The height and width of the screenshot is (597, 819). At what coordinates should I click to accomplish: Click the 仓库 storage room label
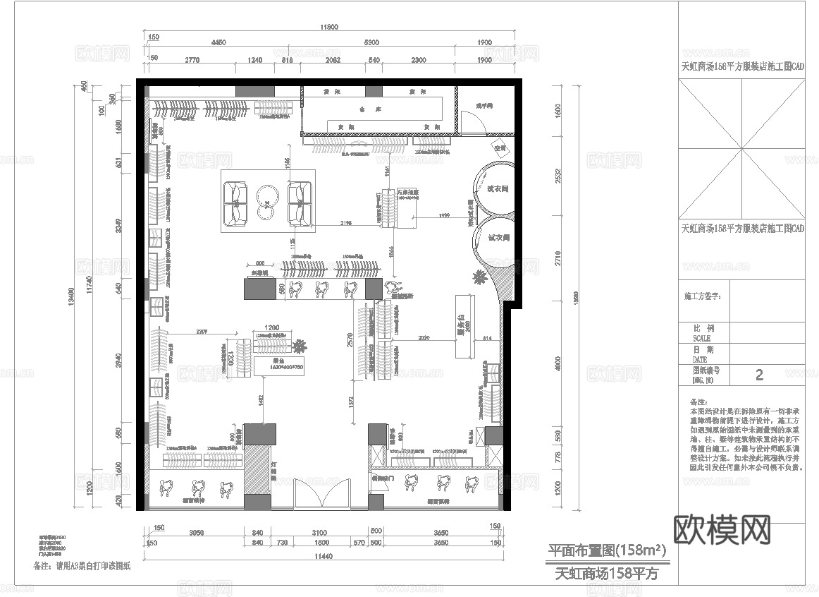364,109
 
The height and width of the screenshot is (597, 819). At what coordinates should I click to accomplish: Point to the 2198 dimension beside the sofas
345,223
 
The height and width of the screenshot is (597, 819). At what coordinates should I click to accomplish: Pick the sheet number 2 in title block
758,375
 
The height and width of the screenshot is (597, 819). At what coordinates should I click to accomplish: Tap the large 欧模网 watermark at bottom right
722,529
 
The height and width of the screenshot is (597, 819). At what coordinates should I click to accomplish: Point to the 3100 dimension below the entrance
319,532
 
